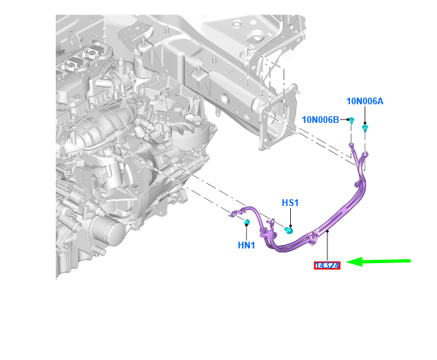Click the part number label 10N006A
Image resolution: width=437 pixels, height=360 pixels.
365,101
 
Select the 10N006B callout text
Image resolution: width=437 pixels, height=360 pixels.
321,120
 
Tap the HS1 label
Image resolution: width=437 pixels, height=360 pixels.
290,203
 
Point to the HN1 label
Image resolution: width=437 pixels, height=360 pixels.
246,245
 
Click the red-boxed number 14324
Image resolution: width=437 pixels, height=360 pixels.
327,266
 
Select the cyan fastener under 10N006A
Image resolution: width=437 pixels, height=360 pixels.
365,128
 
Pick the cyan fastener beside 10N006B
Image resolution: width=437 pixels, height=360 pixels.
352,121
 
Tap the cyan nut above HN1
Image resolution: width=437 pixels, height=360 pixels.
246,222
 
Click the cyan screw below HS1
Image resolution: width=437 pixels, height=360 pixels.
289,230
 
